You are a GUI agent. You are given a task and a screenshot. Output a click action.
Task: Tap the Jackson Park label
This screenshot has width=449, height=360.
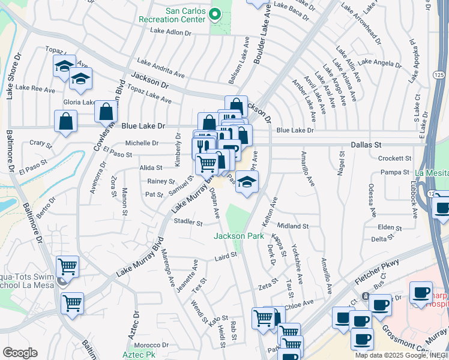coord(239,236)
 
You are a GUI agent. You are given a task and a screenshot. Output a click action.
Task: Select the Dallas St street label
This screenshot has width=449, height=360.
coord(366,145)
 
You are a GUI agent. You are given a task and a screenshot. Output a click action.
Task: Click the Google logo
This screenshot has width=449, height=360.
coord(20,353)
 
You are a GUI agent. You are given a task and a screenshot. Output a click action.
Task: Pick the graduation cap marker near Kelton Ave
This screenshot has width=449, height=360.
coord(247,182)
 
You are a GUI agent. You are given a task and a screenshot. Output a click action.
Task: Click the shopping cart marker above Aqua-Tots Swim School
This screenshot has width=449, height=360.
coord(67,266)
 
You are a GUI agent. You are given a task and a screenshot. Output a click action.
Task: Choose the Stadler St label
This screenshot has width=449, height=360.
coord(188,222)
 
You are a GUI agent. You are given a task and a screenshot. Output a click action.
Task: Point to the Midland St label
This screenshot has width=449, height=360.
coord(293,226)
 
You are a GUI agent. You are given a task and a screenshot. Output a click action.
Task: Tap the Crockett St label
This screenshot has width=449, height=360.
coord(394,158)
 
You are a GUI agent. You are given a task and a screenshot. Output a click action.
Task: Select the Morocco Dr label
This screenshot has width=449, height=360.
coord(151,346)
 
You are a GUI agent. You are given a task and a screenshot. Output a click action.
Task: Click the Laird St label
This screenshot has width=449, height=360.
coord(226,256)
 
